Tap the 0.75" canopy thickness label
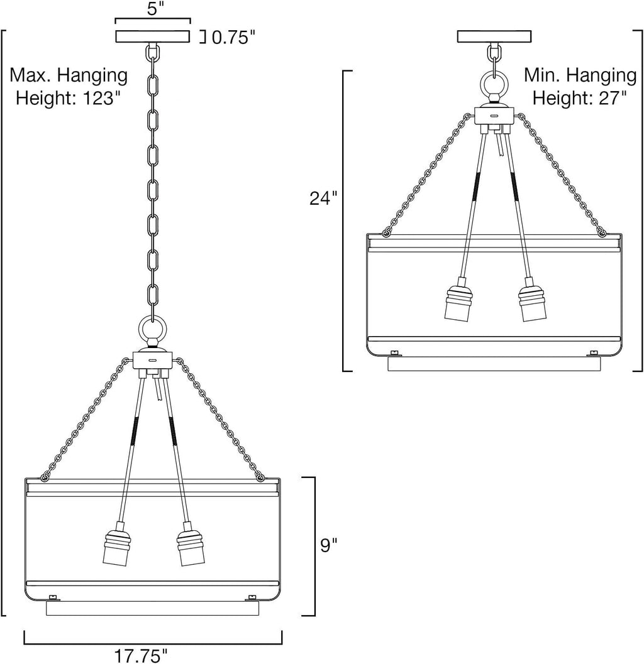point(233,38)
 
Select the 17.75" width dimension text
point(141,656)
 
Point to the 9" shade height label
point(328,545)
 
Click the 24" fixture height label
point(323,198)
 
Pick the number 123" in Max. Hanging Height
point(98,98)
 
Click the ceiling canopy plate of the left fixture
point(153,37)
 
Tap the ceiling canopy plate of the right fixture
point(494,37)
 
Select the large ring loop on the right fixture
point(494,84)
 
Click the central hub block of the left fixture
point(153,360)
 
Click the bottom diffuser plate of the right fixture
point(494,364)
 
